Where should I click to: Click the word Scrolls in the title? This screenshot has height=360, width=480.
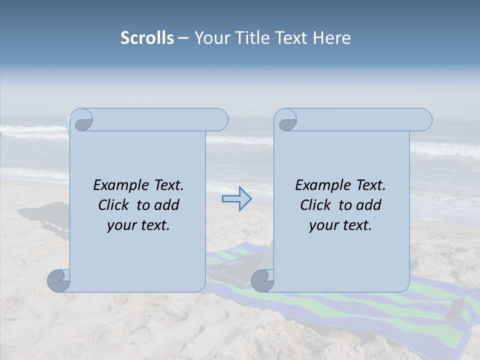click(x=147, y=38)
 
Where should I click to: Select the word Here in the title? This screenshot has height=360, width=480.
click(x=332, y=38)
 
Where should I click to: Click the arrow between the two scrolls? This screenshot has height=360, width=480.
click(x=236, y=199)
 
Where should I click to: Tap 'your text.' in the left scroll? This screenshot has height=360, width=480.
click(x=138, y=225)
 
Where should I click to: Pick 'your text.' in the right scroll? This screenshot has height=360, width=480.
click(x=340, y=225)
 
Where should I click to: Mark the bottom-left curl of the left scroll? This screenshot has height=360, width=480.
click(x=58, y=280)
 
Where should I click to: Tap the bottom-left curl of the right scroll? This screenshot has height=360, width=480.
click(x=262, y=280)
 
